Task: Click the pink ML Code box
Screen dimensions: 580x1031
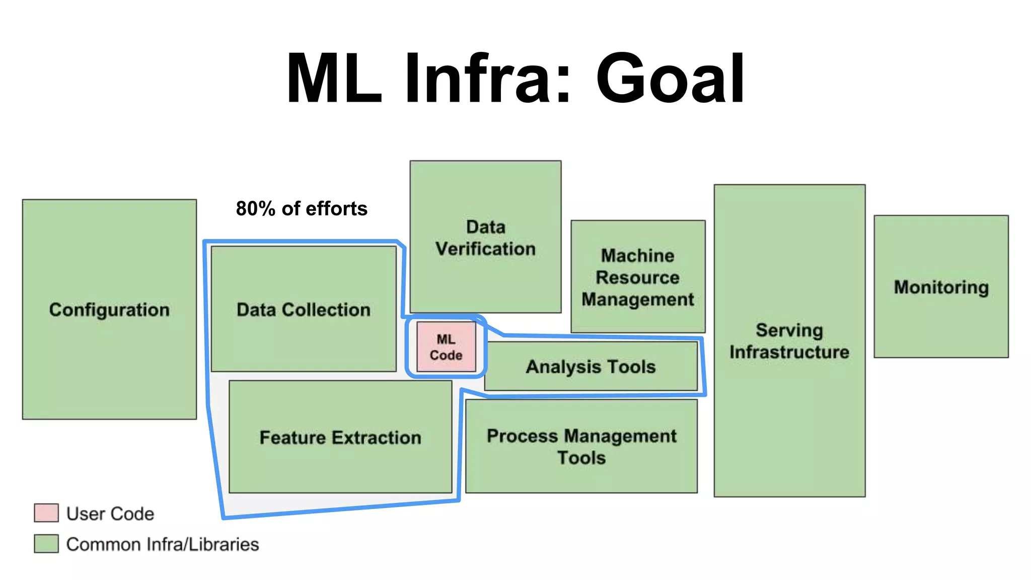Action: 446,347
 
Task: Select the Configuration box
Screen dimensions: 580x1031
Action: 109,309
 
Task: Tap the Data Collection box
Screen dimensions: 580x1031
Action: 304,309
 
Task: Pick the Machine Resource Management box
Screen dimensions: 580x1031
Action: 638,277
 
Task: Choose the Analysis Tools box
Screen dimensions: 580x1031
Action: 591,367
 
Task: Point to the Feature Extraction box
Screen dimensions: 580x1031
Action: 340,437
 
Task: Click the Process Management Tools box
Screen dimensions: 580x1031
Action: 581,446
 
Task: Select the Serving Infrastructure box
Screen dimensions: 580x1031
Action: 789,340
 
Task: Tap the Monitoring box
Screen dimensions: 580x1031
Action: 941,287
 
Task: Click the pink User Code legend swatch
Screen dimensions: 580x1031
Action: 46,513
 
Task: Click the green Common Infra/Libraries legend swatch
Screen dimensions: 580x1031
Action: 46,544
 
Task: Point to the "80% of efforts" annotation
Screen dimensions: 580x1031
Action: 302,208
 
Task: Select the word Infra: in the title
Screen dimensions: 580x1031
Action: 487,79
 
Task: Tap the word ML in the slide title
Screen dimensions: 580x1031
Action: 334,79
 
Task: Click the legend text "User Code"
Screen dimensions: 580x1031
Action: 110,514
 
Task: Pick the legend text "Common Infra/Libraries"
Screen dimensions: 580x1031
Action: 163,544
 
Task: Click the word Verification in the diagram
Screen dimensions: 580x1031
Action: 485,249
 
